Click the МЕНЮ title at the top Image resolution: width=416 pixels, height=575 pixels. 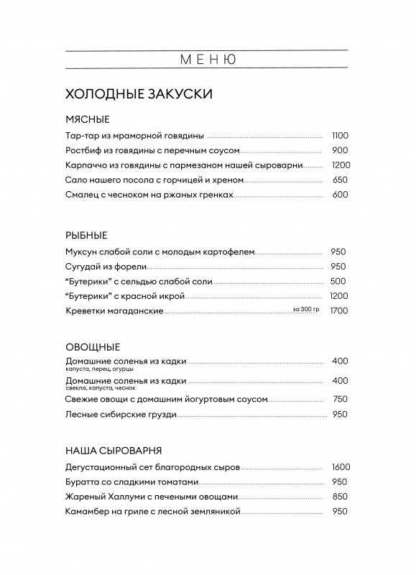(x=208, y=60)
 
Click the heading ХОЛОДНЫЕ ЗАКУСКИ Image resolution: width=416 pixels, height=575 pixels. (x=139, y=93)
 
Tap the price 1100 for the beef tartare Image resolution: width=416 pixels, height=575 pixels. (x=340, y=135)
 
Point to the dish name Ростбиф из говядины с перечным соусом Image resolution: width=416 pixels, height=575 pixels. (x=152, y=150)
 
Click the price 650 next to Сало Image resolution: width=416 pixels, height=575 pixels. (x=340, y=180)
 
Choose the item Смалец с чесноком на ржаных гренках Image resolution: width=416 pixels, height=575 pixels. (x=149, y=195)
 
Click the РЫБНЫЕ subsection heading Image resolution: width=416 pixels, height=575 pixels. (x=85, y=235)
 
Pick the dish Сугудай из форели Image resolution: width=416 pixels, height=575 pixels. (x=106, y=266)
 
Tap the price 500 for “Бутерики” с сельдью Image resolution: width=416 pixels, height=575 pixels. (x=338, y=281)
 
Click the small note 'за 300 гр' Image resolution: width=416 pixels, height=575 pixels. (x=305, y=309)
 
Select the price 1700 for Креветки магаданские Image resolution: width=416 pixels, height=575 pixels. (x=339, y=310)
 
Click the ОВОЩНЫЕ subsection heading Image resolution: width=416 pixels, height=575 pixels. (x=92, y=346)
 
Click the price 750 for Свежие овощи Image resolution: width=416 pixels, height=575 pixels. (x=340, y=399)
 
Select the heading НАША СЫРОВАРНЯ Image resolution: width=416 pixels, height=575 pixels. (x=113, y=451)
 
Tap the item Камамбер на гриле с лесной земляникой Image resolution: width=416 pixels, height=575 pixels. (x=152, y=512)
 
